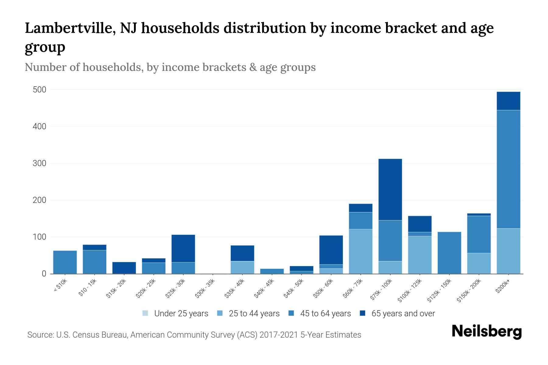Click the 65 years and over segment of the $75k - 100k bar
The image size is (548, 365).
[390, 189]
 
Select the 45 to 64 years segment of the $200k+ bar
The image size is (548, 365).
[508, 169]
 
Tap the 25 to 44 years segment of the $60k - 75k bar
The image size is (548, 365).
[360, 251]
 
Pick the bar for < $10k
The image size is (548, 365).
[65, 262]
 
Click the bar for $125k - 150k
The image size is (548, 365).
[449, 253]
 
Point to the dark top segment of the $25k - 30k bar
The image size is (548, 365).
[183, 248]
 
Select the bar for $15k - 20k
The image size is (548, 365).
[124, 268]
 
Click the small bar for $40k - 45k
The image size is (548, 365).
[272, 271]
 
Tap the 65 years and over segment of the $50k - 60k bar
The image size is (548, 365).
[331, 250]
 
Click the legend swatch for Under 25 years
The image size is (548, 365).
[145, 313]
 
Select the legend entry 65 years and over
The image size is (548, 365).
[403, 314]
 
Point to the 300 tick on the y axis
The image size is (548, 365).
[40, 163]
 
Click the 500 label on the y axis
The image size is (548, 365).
[40, 90]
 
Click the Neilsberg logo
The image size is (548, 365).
[487, 331]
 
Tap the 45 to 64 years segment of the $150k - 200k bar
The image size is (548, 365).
[479, 234]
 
